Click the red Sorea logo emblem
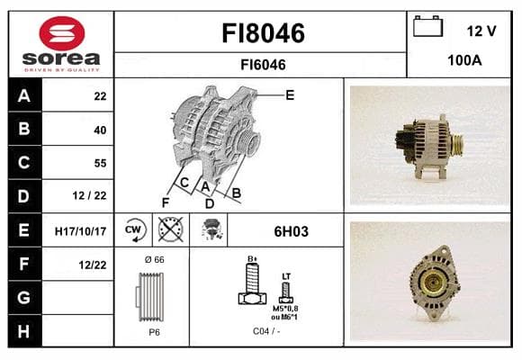62,33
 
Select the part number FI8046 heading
263,33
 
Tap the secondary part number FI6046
263,65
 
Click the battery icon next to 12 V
427,26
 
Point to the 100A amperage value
464,60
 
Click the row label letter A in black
24,96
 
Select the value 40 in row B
100,130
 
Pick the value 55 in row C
100,163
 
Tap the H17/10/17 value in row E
80,231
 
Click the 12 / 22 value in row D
89,195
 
